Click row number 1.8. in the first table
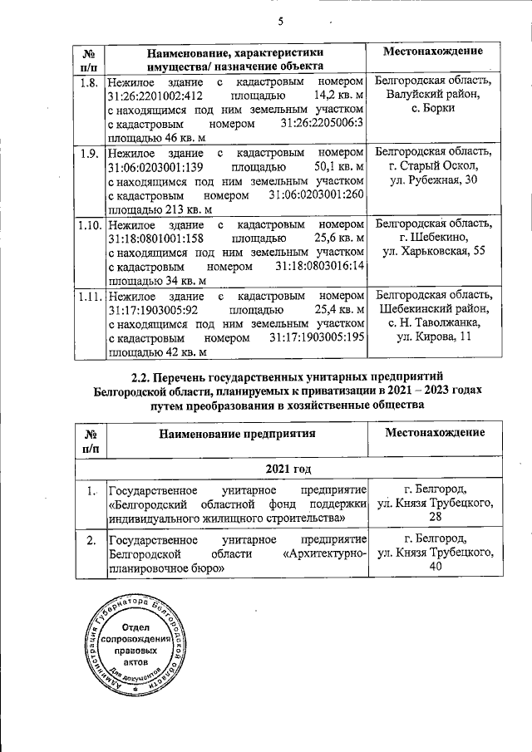point(89,82)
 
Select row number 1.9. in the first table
point(89,153)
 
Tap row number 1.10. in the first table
point(91,224)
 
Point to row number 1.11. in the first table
point(91,295)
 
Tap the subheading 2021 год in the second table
point(288,470)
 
